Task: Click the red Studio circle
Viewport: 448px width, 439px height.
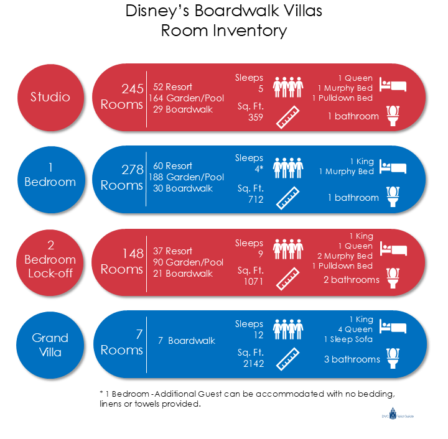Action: click(50, 97)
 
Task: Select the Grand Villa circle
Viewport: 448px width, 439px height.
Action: click(50, 346)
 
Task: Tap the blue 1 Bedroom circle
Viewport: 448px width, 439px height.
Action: click(50, 175)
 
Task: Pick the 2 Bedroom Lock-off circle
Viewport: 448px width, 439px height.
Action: click(50, 260)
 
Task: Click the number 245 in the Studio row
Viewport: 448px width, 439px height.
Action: click(132, 88)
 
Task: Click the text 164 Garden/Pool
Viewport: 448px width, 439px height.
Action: click(186, 98)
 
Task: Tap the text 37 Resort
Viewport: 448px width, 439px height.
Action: click(172, 251)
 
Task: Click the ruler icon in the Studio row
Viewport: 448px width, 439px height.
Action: click(287, 117)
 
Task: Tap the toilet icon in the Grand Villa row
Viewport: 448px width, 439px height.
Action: click(393, 359)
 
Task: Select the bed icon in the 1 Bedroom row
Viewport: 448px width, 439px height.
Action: click(393, 167)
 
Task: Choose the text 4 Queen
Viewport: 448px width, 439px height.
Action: click(357, 329)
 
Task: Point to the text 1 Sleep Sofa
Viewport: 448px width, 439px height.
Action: click(348, 339)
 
